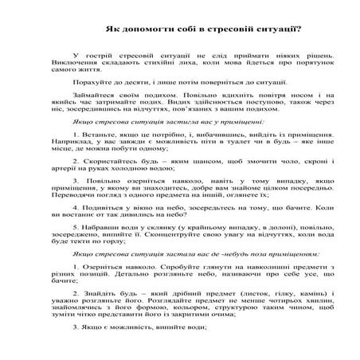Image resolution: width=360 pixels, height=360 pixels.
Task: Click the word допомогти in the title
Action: pos(142,28)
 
